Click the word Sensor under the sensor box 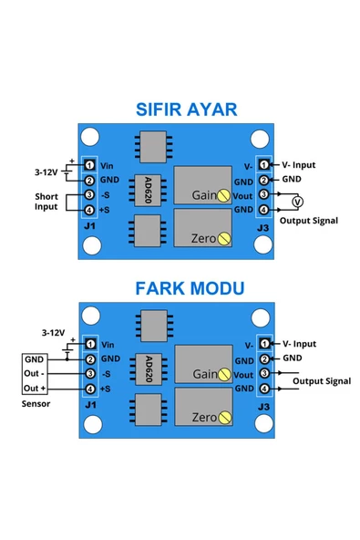[36, 402]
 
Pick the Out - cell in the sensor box [35, 373]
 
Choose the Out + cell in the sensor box [35, 389]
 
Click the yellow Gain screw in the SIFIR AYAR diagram [223, 194]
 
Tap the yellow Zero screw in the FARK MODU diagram [223, 417]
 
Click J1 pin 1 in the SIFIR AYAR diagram [90, 164]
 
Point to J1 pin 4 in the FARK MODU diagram [90, 389]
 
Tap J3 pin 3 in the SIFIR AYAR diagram [263, 194]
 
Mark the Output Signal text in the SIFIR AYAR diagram [309, 220]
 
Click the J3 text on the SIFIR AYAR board [262, 226]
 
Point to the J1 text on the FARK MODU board [89, 404]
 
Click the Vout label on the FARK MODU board [243, 374]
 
